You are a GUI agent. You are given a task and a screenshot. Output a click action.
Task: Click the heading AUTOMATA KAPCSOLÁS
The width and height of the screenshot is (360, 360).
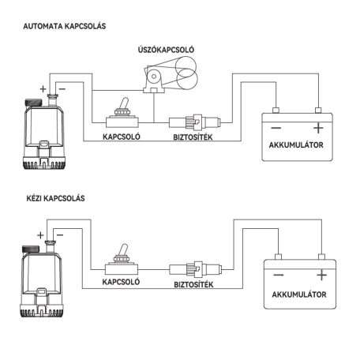[x=65, y=26]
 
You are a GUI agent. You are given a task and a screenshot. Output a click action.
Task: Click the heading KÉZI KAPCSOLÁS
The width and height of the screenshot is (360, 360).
[x=55, y=198]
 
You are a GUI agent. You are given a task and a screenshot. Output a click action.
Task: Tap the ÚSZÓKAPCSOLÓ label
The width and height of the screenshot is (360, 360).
[x=166, y=50]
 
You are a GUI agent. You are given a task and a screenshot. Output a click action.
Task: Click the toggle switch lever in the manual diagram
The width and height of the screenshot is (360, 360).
[x=123, y=250]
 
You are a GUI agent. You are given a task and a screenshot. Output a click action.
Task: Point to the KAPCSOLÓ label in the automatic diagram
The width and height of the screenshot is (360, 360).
[x=122, y=137]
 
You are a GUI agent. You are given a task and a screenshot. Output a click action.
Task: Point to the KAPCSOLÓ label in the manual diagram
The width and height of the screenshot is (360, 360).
[x=121, y=282]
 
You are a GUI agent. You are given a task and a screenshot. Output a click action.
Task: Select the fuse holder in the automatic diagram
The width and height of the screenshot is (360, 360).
[x=194, y=122]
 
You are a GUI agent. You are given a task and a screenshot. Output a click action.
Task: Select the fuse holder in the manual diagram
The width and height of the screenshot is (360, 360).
[x=195, y=269]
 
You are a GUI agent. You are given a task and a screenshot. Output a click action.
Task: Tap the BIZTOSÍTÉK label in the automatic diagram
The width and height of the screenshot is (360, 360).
[x=193, y=137]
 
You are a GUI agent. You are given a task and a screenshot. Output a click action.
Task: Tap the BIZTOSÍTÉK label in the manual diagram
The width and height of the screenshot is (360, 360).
[x=193, y=284]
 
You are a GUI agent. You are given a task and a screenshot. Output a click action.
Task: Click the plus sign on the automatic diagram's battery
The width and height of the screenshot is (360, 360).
[x=318, y=128]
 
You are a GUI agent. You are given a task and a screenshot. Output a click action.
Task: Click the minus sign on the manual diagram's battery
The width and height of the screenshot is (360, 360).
[x=279, y=276]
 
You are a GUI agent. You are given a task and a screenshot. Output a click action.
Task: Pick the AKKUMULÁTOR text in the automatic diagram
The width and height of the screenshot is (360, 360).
[x=296, y=144]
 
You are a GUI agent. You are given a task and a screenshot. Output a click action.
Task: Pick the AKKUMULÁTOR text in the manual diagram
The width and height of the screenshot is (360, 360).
[x=299, y=294]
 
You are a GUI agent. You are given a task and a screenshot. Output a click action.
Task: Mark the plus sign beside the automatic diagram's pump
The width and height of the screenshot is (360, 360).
[x=43, y=89]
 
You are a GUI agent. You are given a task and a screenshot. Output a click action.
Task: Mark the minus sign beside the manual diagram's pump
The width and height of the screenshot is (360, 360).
[x=60, y=235]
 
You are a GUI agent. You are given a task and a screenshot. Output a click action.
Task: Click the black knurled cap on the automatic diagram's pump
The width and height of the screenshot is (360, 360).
[x=33, y=102]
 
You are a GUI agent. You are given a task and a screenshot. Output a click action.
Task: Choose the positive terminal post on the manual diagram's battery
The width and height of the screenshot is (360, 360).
[x=321, y=257]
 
